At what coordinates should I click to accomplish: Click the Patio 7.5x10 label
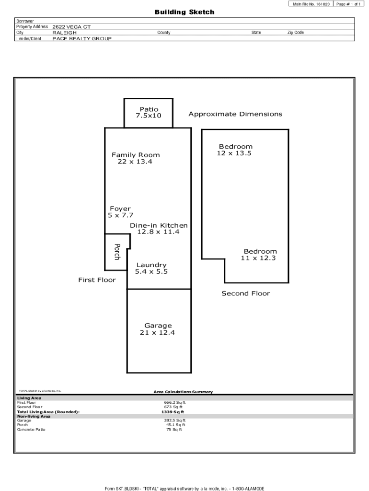pyautogui.click(x=149, y=113)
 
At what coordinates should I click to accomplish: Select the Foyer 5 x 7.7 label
pyautogui.click(x=120, y=212)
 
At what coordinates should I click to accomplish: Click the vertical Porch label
pyautogui.click(x=116, y=252)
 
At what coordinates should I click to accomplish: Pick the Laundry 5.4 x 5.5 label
pyautogui.click(x=151, y=268)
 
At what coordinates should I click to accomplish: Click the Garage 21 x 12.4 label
pyautogui.click(x=158, y=329)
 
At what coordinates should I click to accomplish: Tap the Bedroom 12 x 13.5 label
pyautogui.click(x=235, y=150)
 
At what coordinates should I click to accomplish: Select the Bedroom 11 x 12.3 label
pyautogui.click(x=260, y=255)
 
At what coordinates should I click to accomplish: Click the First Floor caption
pyautogui.click(x=97, y=280)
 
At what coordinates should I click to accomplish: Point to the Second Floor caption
pyautogui.click(x=245, y=293)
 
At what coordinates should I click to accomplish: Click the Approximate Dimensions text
pyautogui.click(x=235, y=114)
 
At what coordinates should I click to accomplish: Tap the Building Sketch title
pyautogui.click(x=184, y=12)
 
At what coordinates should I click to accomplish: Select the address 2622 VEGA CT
pyautogui.click(x=71, y=27)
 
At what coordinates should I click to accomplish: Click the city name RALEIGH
pyautogui.click(x=64, y=33)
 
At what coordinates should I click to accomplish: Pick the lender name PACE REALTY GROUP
pyautogui.click(x=82, y=38)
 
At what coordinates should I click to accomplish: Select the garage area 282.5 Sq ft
pyautogui.click(x=174, y=421)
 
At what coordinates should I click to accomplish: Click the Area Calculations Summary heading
pyautogui.click(x=183, y=392)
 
